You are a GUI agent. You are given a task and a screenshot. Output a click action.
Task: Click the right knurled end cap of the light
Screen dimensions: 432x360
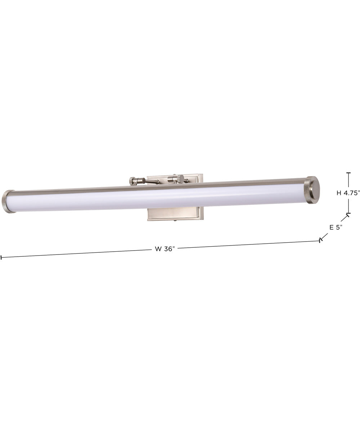pyautogui.click(x=312, y=190)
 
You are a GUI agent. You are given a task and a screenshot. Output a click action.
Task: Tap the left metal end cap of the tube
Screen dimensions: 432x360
pyautogui.click(x=8, y=202)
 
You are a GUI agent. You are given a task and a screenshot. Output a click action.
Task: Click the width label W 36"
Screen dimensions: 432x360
pyautogui.click(x=165, y=249)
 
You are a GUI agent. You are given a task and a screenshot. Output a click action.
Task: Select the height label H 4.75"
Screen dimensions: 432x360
pyautogui.click(x=348, y=193)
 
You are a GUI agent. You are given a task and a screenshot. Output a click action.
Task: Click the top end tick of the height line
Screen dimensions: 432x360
pyautogui.click(x=348, y=173)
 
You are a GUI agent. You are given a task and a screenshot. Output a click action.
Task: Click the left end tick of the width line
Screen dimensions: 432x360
pyautogui.click(x=1, y=257)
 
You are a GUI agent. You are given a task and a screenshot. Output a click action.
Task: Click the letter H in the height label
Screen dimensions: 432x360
pyautogui.click(x=339, y=193)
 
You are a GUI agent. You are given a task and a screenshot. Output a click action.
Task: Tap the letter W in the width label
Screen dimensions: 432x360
pyautogui.click(x=157, y=249)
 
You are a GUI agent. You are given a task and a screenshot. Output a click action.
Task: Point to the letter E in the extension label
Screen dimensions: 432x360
pyautogui.click(x=332, y=227)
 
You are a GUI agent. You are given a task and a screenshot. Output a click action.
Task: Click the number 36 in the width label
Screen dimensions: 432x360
pyautogui.click(x=168, y=249)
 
